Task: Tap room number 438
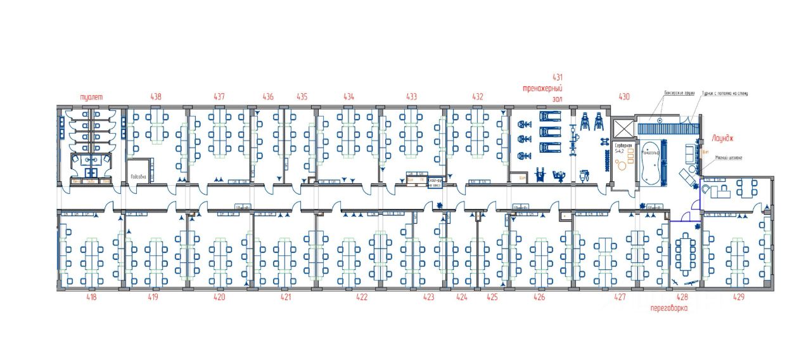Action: pos(156,97)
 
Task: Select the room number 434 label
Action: pos(348,97)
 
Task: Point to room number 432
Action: pos(478,97)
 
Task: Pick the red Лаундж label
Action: pos(722,136)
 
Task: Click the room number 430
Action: pos(624,97)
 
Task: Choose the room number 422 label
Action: pos(362,297)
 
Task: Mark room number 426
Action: pos(539,297)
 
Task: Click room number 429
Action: pos(738,297)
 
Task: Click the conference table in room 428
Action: pos(683,250)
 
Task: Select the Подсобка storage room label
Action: pos(138,177)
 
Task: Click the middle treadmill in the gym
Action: pos(549,132)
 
